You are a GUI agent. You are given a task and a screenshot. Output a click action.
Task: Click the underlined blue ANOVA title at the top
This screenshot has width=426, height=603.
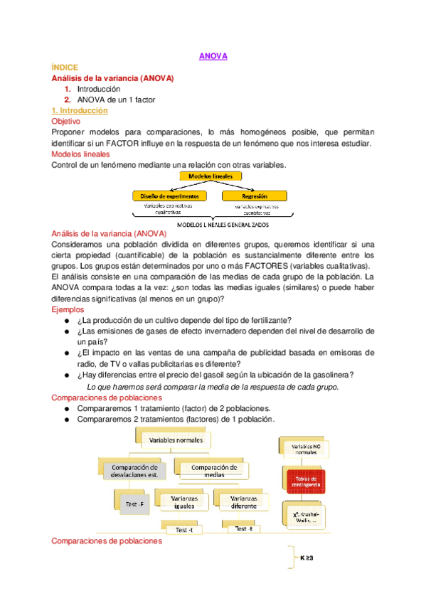[x=213, y=56]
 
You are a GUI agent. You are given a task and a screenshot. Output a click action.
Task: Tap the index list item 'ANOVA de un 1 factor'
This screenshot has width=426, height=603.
[x=116, y=100]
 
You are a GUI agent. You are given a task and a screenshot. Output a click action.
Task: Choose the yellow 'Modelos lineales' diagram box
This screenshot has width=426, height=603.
[x=213, y=176]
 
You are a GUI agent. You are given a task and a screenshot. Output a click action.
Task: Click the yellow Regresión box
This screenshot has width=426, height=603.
[x=255, y=195]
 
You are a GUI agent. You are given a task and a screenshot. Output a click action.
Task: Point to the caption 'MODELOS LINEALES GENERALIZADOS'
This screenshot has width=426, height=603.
[x=213, y=223]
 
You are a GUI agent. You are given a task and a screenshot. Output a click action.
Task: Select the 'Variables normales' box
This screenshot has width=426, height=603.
[x=176, y=441]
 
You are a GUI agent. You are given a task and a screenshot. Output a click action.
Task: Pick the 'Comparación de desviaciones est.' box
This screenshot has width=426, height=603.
[x=133, y=471]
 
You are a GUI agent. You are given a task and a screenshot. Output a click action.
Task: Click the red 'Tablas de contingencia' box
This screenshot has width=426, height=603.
[x=306, y=481]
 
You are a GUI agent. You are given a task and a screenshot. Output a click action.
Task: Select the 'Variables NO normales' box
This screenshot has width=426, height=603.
[x=306, y=449]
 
